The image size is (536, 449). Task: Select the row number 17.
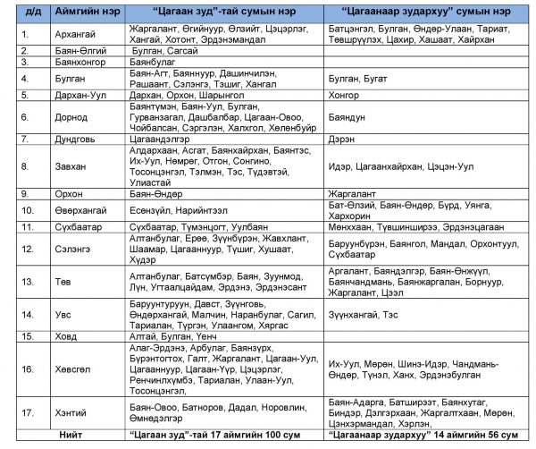click(26, 411)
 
